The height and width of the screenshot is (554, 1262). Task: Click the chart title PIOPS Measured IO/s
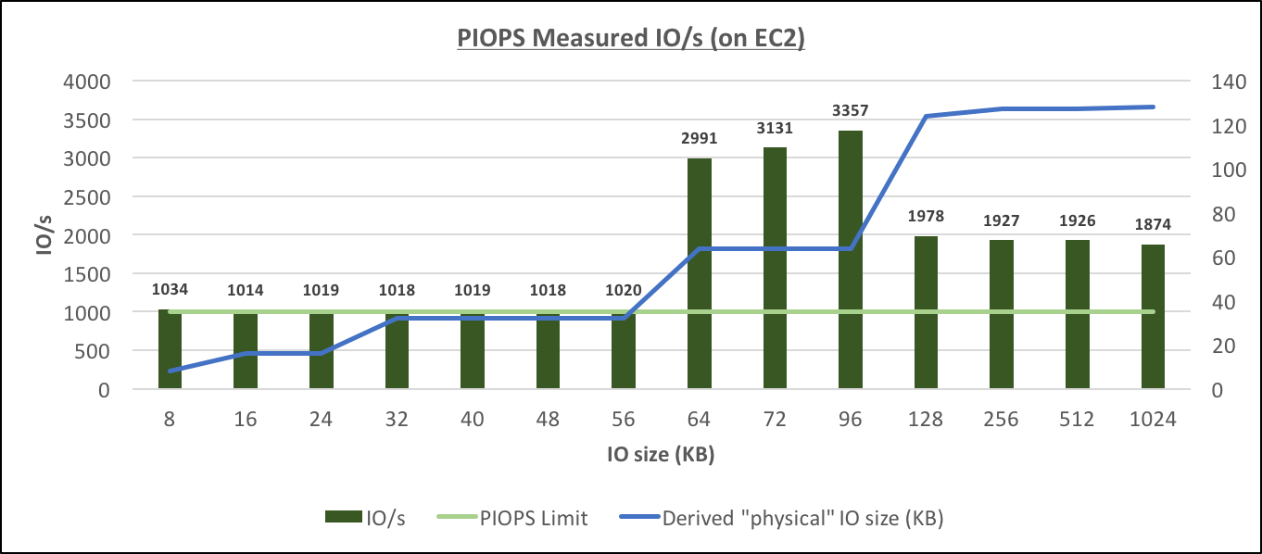[631, 40]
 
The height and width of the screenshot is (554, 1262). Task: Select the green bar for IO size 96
[851, 259]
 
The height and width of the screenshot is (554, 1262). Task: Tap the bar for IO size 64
[700, 273]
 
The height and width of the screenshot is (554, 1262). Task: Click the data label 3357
[851, 111]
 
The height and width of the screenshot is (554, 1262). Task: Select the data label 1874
[1153, 225]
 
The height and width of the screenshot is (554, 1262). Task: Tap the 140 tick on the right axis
[1226, 82]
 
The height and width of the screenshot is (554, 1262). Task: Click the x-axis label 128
[926, 419]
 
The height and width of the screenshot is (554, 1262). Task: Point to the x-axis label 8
[170, 419]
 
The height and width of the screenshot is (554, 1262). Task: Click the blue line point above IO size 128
[926, 116]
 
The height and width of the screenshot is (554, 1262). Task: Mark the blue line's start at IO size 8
[170, 371]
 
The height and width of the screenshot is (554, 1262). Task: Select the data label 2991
[700, 139]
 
